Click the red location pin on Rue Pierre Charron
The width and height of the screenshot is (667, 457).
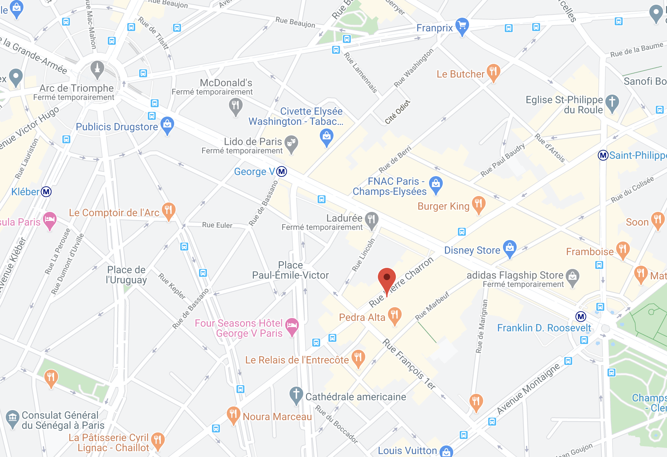tap(386, 278)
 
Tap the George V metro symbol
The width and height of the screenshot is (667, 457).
tap(282, 171)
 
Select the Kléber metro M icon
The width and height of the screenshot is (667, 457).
tap(46, 192)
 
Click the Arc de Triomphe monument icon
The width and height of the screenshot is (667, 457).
tap(97, 68)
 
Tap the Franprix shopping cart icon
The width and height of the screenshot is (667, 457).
tap(462, 26)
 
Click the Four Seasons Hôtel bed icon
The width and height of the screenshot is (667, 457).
tap(292, 326)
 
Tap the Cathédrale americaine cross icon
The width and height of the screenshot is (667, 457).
tap(296, 394)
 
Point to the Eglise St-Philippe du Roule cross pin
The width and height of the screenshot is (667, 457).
tap(612, 102)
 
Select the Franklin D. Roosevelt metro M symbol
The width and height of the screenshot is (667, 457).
tap(580, 317)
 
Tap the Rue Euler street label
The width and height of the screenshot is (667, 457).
tap(217, 225)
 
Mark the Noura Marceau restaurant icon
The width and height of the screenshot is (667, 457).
tap(233, 414)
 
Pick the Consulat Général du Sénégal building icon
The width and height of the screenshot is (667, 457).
tap(13, 418)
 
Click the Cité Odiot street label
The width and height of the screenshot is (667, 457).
tap(397, 112)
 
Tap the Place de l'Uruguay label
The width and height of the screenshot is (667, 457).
tap(126, 275)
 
